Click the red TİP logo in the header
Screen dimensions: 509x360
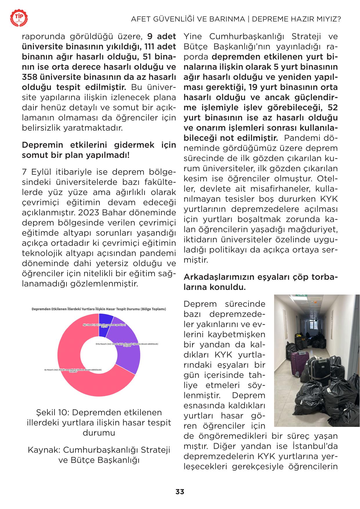19,18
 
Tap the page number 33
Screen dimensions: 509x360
180,492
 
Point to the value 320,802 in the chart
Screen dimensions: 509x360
73,372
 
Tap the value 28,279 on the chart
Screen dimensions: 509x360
104,326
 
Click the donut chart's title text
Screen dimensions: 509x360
99,309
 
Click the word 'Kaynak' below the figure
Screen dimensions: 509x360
44,450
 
